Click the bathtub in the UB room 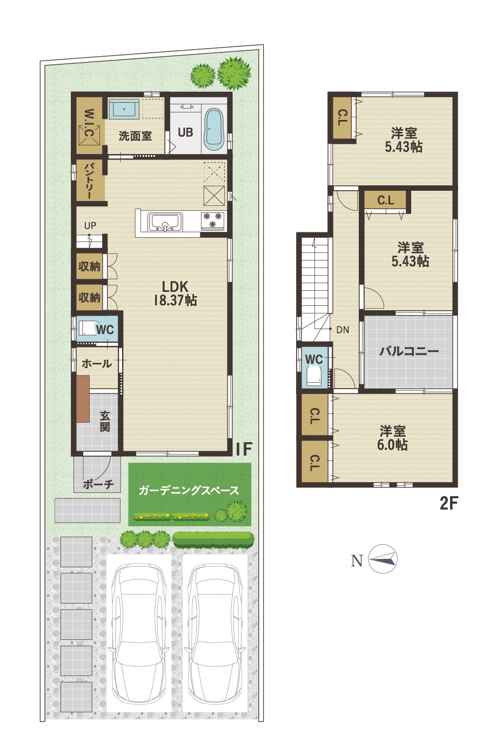click(x=214, y=129)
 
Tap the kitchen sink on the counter click(x=165, y=222)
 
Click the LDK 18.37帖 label click(x=175, y=293)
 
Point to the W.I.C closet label click(x=89, y=123)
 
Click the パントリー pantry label click(x=89, y=181)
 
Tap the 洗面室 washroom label click(x=135, y=136)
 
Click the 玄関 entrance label click(x=105, y=422)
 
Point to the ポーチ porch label click(x=98, y=484)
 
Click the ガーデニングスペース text click(x=189, y=490)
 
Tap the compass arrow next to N click(x=383, y=559)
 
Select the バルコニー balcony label click(x=409, y=351)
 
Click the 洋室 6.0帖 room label click(x=393, y=438)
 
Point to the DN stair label click(x=343, y=330)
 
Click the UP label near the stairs click(x=90, y=225)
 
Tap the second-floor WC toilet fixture click(x=314, y=376)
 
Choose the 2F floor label click(x=449, y=503)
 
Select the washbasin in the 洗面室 click(x=124, y=109)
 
